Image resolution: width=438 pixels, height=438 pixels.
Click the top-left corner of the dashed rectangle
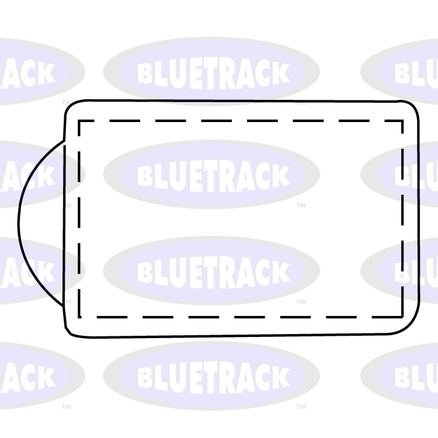coord(79,121)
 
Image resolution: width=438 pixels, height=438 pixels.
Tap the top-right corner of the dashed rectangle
coord(403,121)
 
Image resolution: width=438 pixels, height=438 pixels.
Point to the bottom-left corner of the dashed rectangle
coord(79,318)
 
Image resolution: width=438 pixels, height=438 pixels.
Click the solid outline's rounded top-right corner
coord(412,109)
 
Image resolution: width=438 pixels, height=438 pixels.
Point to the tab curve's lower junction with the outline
coord(64,306)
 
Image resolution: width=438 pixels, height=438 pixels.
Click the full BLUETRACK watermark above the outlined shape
coord(212,72)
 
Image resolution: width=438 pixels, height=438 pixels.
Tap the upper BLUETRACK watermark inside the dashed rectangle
coord(212,174)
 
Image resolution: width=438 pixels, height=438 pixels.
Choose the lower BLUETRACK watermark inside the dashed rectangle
coord(212,270)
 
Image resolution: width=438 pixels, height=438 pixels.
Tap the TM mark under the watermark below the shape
coord(301,406)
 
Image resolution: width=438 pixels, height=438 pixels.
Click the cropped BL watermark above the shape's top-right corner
coord(409,73)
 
